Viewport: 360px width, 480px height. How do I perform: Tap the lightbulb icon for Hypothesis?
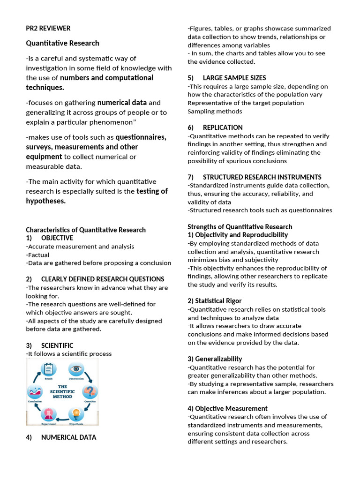76,414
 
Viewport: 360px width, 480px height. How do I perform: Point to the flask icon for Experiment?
49,414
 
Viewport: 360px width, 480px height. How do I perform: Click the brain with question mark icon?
90,391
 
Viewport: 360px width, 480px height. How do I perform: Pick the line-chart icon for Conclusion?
35,391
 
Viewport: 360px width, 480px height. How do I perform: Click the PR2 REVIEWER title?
48,28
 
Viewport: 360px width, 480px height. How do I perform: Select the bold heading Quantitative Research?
62,43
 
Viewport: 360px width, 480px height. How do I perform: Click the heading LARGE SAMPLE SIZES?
234,78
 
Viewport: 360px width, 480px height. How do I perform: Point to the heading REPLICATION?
223,127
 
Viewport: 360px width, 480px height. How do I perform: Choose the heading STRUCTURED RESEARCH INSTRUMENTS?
262,177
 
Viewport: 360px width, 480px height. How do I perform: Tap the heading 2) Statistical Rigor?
215,301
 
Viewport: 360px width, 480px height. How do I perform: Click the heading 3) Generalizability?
215,359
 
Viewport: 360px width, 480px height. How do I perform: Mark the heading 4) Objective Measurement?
227,409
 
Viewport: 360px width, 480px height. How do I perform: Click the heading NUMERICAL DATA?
68,437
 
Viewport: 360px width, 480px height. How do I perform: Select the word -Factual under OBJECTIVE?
38,255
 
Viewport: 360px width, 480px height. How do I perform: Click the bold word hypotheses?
46,201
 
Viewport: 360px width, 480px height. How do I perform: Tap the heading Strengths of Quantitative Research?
240,227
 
